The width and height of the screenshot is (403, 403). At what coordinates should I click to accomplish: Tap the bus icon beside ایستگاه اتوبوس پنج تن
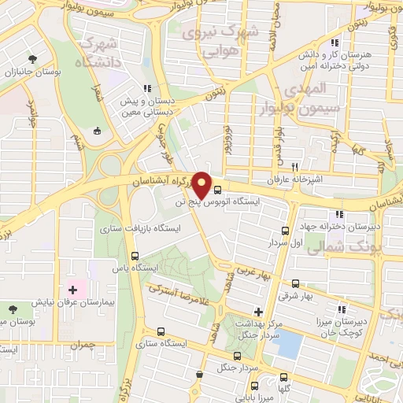coord(217,188)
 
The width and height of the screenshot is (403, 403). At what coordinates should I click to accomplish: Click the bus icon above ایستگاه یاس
coord(135,256)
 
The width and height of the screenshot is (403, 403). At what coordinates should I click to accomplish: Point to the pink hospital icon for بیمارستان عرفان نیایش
coord(73,290)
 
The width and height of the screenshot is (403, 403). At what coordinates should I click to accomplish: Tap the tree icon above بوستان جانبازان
coord(32,59)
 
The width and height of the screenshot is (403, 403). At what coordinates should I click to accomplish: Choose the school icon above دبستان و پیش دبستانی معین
coord(146,89)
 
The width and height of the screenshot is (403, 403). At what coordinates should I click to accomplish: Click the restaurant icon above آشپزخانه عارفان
coord(295,167)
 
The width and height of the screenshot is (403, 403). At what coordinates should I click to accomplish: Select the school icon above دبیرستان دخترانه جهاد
coord(338,214)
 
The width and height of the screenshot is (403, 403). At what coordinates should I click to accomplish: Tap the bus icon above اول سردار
coord(286,231)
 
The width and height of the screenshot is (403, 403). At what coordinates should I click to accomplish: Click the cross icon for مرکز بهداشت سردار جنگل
coord(258,312)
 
